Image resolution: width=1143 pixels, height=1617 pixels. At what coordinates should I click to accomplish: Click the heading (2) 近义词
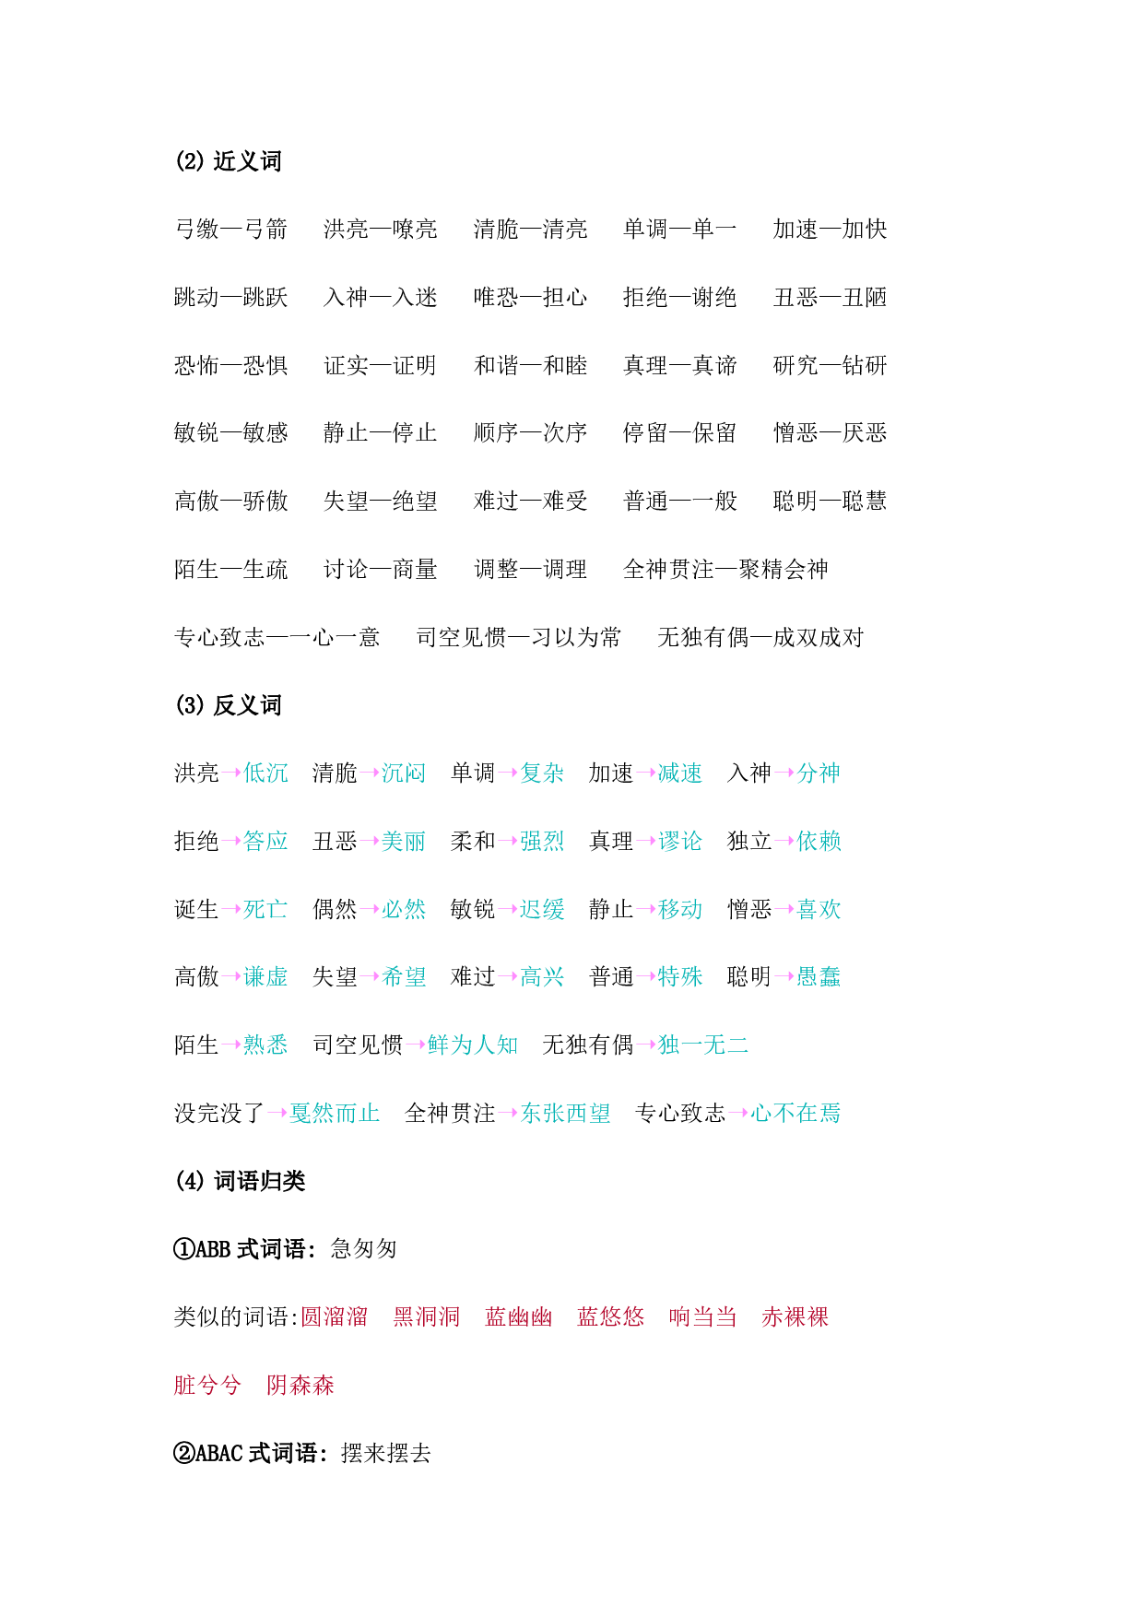click(x=228, y=161)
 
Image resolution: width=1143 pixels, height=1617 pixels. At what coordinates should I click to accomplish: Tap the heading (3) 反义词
click(x=228, y=705)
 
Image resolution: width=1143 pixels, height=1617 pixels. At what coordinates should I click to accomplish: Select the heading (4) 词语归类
click(x=240, y=1181)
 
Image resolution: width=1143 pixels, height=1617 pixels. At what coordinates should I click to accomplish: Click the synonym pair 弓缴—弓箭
click(x=231, y=230)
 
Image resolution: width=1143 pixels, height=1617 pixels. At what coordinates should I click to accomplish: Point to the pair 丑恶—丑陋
click(x=831, y=298)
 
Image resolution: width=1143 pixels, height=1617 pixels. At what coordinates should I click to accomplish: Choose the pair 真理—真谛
click(x=680, y=366)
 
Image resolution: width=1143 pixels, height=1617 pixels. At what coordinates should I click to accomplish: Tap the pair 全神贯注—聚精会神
click(x=726, y=570)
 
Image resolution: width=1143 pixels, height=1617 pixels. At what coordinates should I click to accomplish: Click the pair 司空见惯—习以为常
click(x=519, y=638)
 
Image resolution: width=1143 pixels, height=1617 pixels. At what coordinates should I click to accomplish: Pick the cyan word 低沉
click(x=265, y=773)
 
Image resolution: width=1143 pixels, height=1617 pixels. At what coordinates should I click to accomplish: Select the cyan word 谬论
click(x=680, y=842)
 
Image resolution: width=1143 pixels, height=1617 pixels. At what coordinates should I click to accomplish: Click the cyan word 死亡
click(x=265, y=910)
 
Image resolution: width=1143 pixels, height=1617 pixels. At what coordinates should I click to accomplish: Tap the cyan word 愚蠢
click(x=819, y=977)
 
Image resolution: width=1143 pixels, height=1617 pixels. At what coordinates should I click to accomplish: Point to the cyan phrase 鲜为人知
click(x=473, y=1045)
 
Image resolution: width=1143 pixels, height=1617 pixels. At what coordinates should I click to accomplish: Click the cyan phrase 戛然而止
click(x=335, y=1114)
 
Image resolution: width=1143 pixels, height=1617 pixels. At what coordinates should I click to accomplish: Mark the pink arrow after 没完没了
click(x=277, y=1114)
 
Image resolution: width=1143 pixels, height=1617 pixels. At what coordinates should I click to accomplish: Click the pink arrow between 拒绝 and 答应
click(x=231, y=842)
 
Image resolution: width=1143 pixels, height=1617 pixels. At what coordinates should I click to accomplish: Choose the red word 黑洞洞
click(x=427, y=1317)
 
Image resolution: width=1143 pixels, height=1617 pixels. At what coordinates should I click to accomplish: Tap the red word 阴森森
click(x=300, y=1386)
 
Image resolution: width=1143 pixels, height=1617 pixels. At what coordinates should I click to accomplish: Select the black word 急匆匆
click(x=364, y=1249)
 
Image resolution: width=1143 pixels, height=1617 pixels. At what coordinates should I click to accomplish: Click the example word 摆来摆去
click(x=386, y=1454)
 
